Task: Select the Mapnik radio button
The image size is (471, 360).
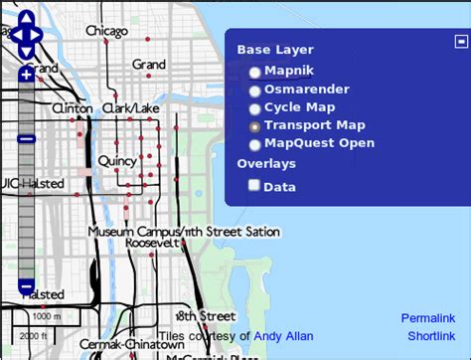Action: point(255,73)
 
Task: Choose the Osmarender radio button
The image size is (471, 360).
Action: point(255,90)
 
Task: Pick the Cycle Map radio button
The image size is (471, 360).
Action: point(255,108)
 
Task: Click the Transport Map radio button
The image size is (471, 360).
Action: point(255,126)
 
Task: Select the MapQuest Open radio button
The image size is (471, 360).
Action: point(255,144)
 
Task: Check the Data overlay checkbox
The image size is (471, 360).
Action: point(254,185)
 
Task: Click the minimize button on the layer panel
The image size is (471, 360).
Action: point(460,41)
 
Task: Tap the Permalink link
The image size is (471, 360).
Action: point(428,318)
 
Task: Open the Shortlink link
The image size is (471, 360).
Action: point(430,337)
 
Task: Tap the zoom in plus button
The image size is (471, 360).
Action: point(26,74)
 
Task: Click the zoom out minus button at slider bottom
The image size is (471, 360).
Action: point(26,286)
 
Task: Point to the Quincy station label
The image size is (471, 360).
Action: point(117,160)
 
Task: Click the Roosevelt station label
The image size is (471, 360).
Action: point(151,243)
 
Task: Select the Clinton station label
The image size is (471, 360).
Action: point(72,107)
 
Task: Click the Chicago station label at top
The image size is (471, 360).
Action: point(106,31)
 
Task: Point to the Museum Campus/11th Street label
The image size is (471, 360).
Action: point(184,231)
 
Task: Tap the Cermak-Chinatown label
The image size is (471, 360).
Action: point(118,344)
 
